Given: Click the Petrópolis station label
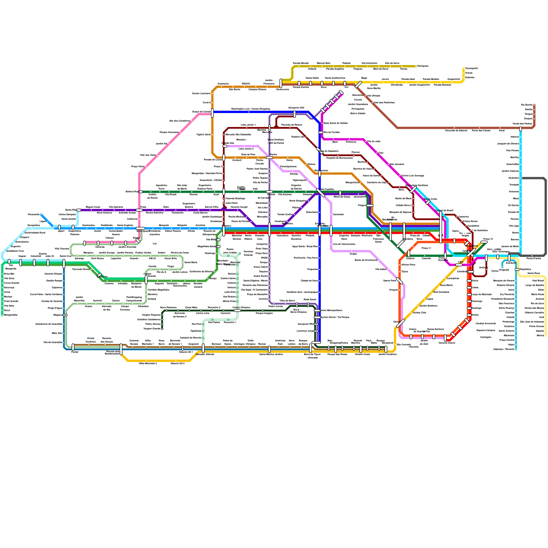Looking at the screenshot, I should click(423, 66).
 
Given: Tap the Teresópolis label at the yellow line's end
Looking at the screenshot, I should click(471, 68).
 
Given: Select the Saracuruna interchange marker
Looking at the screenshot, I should click(281, 83).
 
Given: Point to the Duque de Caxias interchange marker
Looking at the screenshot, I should click(212, 113).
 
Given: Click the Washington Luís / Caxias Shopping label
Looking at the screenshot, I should click(250, 109).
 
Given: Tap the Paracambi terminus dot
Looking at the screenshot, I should click(41, 215).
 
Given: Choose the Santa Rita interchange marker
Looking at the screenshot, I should click(79, 210).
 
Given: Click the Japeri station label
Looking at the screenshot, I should click(61, 231).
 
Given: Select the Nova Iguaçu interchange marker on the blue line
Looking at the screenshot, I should click(140, 228).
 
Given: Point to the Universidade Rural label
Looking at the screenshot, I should click(35, 233).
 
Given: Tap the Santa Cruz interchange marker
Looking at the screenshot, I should click(64, 263).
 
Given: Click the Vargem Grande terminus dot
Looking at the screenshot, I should click(162, 329).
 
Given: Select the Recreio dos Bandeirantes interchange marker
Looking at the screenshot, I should click(121, 349).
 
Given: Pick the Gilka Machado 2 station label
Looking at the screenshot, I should click(148, 363).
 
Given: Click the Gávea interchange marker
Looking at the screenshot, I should click(400, 323).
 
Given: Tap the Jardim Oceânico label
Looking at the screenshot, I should click(387, 354).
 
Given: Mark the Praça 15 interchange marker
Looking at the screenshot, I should click(484, 242).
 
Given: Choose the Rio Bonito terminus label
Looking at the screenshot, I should click(527, 105).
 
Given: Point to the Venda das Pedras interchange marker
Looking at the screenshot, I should click(521, 129).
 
